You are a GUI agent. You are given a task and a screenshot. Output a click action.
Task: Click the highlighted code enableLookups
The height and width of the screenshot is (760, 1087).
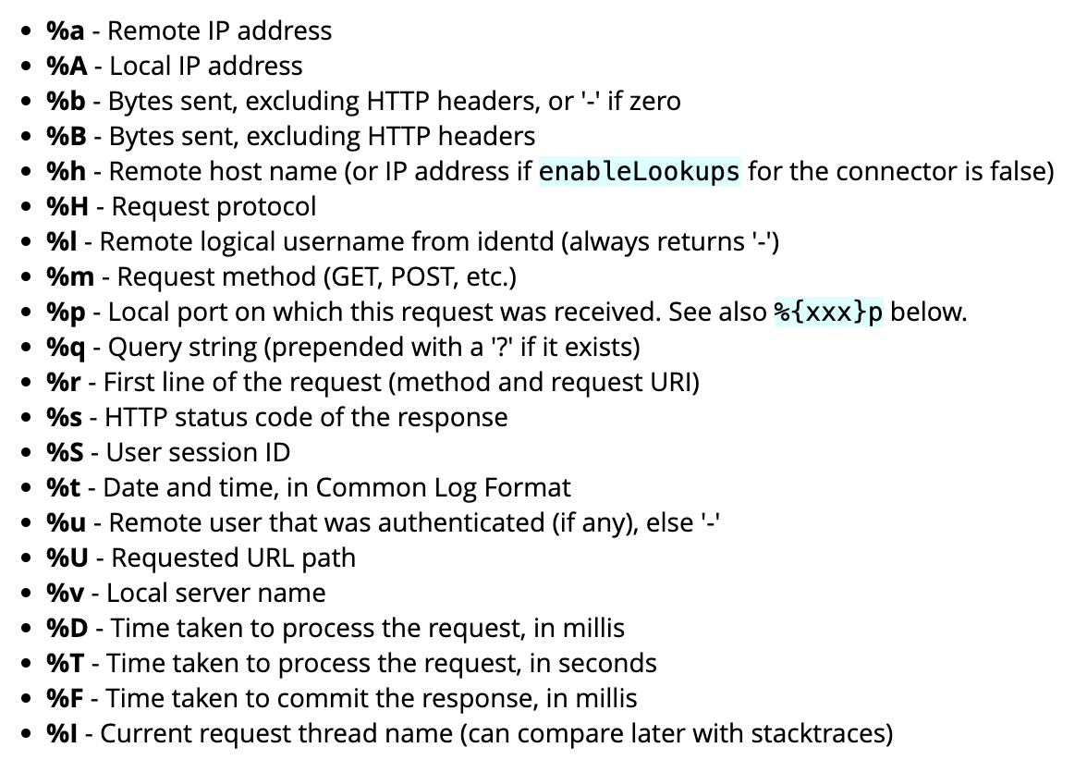640,172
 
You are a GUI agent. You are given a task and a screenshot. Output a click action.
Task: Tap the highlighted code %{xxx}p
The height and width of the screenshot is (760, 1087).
828,313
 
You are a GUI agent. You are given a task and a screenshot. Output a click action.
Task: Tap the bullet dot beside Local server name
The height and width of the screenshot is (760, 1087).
28,595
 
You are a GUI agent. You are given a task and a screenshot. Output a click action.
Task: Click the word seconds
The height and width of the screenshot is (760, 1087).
604,664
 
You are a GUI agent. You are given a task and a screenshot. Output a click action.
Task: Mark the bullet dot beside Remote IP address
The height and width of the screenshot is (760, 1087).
28,32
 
